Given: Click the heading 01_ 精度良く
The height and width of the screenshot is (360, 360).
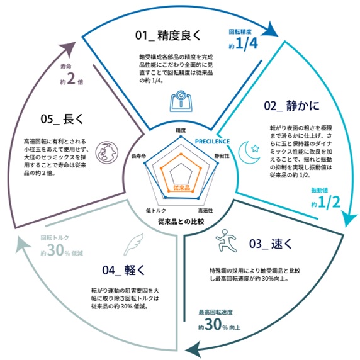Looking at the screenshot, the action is tap(168, 35).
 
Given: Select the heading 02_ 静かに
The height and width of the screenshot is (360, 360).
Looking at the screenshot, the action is tap(291, 106).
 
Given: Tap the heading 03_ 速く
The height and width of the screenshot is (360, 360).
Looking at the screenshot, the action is tap(271, 244).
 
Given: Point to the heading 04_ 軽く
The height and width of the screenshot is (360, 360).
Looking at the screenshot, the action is tap(123, 270).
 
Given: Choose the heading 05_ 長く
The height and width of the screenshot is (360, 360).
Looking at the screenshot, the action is tap(62, 119).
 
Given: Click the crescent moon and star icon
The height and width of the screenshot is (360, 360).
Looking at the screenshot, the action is tap(249, 152).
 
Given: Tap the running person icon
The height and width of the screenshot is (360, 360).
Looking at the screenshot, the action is tap(226, 240).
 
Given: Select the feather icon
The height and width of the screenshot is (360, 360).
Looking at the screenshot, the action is tap(134, 244).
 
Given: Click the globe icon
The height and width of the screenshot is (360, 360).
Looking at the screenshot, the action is tap(106, 152).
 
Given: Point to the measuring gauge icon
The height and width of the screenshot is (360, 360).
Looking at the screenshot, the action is tap(181, 101).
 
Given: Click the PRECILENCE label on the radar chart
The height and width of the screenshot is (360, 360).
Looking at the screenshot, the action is tap(212, 142).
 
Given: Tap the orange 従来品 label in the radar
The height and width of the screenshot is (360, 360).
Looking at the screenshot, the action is tap(181, 188).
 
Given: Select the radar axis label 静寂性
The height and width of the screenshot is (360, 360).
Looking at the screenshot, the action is tap(222, 156).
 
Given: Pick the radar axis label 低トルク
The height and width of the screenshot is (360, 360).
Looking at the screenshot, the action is tap(156, 210).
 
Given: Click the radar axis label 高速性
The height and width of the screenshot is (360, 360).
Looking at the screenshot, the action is tap(205, 210).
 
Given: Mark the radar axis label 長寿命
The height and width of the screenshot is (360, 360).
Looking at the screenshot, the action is tap(138, 156).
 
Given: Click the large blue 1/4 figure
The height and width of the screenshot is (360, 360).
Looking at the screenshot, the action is tap(247, 43).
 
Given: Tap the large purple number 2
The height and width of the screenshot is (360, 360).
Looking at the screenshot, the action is tap(71, 78).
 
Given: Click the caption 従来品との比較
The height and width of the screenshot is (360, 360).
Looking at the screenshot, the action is tap(181, 222).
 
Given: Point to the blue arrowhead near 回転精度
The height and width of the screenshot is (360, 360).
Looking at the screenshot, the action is tap(270, 29).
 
